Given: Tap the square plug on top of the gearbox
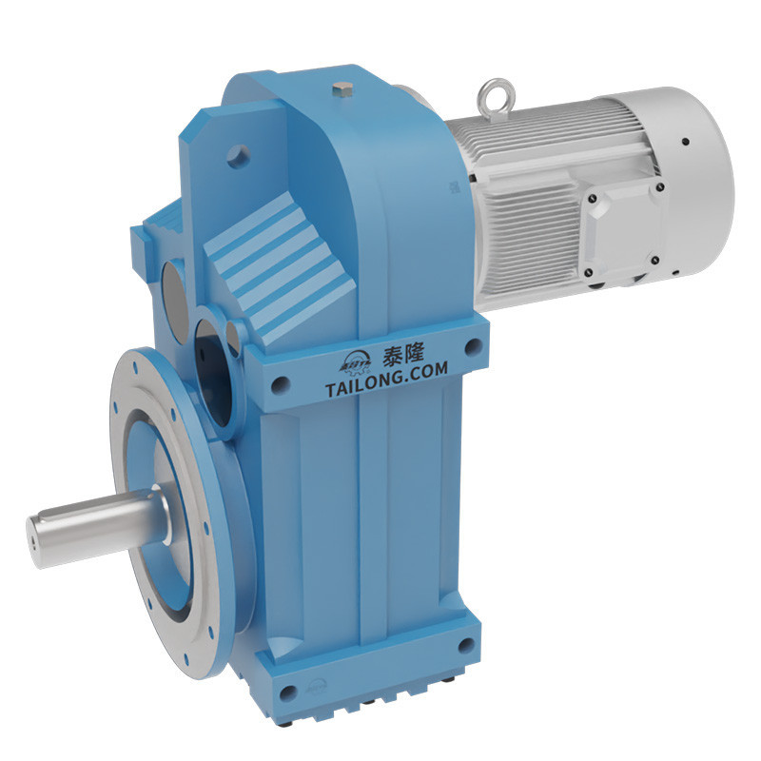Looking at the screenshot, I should [343, 91].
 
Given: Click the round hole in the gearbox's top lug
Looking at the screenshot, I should [239, 151].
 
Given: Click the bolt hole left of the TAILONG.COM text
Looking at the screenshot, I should [279, 384].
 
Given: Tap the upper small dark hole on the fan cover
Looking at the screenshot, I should [684, 144].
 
